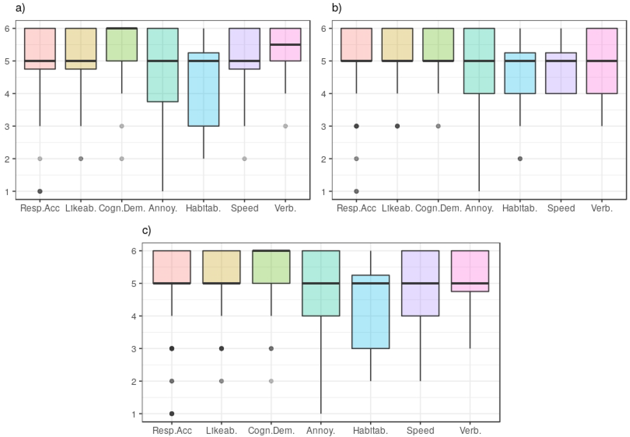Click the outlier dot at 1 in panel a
pyautogui.click(x=40, y=191)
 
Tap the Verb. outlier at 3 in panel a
pyautogui.click(x=285, y=126)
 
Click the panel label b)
pyautogui.click(x=337, y=8)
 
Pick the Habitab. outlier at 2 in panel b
pyautogui.click(x=520, y=159)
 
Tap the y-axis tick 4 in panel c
pyautogui.click(x=134, y=316)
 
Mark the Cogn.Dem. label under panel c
pyautogui.click(x=271, y=430)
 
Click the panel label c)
pyautogui.click(x=147, y=231)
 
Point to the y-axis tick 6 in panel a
pyautogui.click(x=7, y=28)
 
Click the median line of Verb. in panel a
pyautogui.click(x=285, y=44)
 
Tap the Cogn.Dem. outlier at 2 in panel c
pyautogui.click(x=271, y=381)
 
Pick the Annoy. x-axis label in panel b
pyautogui.click(x=479, y=208)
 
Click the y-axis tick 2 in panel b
pyautogui.click(x=324, y=159)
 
